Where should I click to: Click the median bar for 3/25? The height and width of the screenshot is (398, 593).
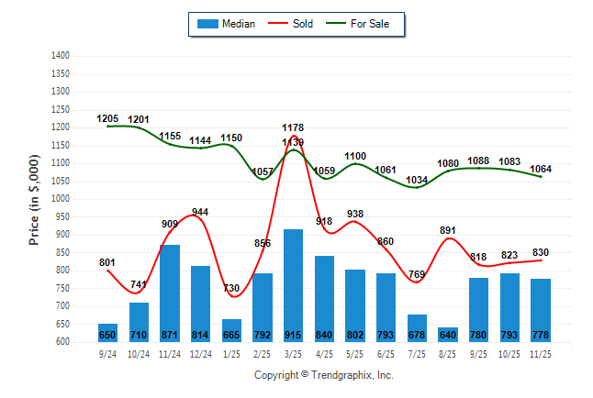tap(294, 284)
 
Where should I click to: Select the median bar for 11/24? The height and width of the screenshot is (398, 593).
tap(169, 293)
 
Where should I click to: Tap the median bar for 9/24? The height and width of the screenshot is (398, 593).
tap(107, 332)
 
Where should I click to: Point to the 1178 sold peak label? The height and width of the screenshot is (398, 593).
tap(294, 127)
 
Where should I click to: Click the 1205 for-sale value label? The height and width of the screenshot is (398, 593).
tap(108, 118)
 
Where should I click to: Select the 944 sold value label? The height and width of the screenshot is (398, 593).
tap(200, 212)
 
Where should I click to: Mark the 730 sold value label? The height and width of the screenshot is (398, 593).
tap(231, 288)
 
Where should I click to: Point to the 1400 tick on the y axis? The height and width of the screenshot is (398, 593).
tap(61, 56)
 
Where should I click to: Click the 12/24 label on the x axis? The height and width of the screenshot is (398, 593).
tap(200, 353)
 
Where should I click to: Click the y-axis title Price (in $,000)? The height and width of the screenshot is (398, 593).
tap(34, 199)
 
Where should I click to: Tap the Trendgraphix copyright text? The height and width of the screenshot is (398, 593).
tap(323, 376)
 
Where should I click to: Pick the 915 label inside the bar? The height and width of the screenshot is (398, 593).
tap(294, 335)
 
